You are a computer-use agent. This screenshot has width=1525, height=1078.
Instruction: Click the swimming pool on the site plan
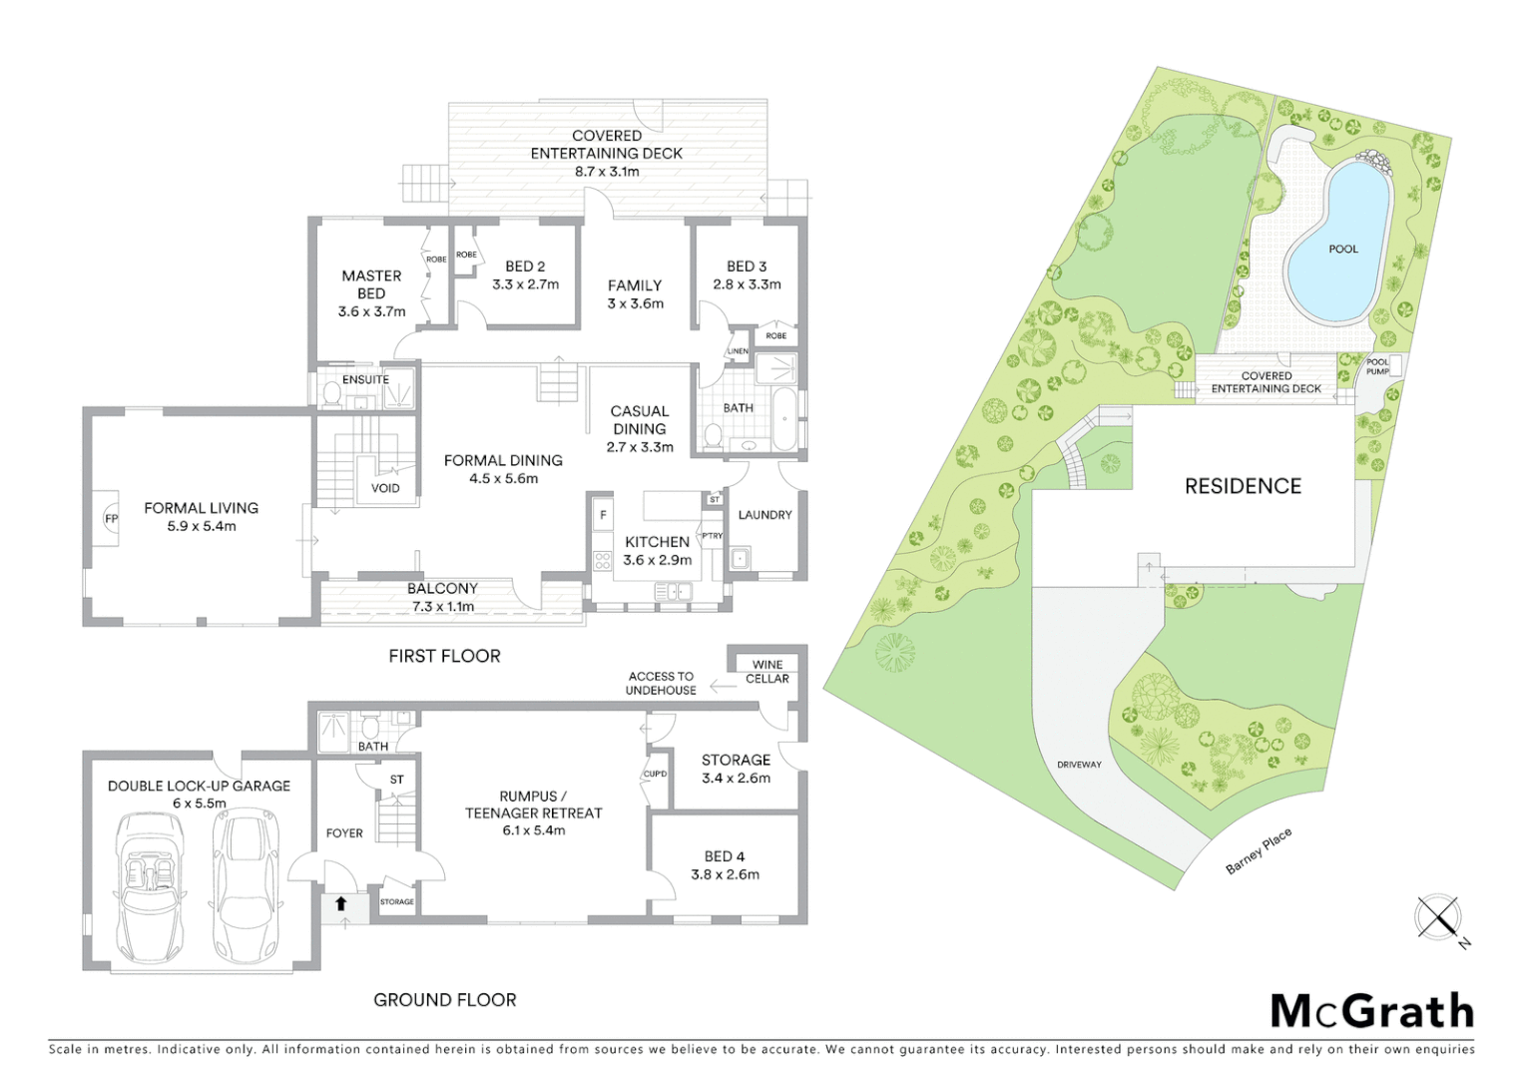pyautogui.click(x=1339, y=245)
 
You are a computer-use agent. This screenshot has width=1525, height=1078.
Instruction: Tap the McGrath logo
pyautogui.click(x=1372, y=1011)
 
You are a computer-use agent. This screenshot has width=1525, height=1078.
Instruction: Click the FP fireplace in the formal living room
pyautogui.click(x=110, y=519)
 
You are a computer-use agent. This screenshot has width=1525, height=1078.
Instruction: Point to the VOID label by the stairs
pyautogui.click(x=385, y=488)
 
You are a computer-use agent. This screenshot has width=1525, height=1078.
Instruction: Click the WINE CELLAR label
pyautogui.click(x=767, y=672)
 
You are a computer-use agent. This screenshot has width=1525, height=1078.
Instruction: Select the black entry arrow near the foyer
pyautogui.click(x=340, y=903)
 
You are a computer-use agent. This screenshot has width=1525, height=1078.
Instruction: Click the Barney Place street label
pyautogui.click(x=1259, y=851)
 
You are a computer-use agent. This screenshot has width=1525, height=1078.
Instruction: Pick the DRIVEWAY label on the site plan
pyautogui.click(x=1079, y=765)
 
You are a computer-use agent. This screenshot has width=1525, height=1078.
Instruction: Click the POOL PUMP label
pyautogui.click(x=1377, y=366)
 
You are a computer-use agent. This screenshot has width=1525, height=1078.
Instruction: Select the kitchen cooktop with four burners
pyautogui.click(x=602, y=559)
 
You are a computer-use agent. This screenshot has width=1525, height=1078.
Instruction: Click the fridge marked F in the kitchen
pyautogui.click(x=603, y=516)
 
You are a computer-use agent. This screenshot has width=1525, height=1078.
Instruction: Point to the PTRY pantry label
pyautogui.click(x=712, y=536)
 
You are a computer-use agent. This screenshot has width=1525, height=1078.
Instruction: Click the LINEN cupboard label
pyautogui.click(x=738, y=351)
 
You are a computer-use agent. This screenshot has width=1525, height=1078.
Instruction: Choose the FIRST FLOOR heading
pyautogui.click(x=444, y=656)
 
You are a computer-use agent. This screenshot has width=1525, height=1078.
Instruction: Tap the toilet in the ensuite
pyautogui.click(x=330, y=394)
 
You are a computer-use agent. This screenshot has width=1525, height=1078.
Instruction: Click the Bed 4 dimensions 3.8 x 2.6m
pyautogui.click(x=725, y=874)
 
